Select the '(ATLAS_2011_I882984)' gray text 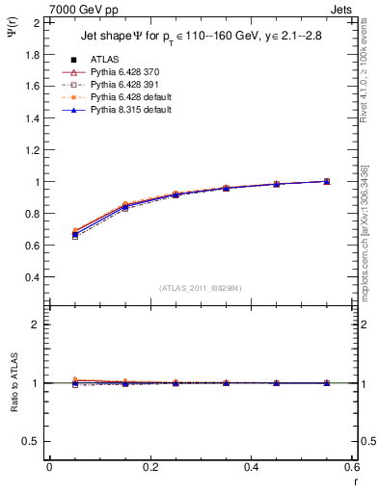pyautogui.click(x=201, y=288)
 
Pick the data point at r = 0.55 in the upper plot pyautogui.click(x=327, y=181)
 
